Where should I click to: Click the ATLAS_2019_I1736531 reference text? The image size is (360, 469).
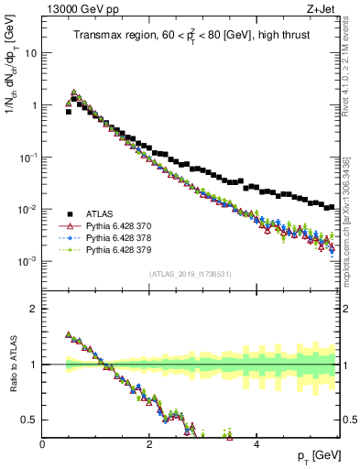point(190,274)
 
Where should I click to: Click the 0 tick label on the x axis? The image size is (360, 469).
point(42,443)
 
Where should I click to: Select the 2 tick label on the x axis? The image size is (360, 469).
point(149,443)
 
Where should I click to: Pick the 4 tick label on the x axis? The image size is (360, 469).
point(256,443)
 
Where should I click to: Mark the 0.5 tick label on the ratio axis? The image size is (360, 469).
point(30,420)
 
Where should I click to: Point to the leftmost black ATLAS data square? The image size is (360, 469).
point(69,112)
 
